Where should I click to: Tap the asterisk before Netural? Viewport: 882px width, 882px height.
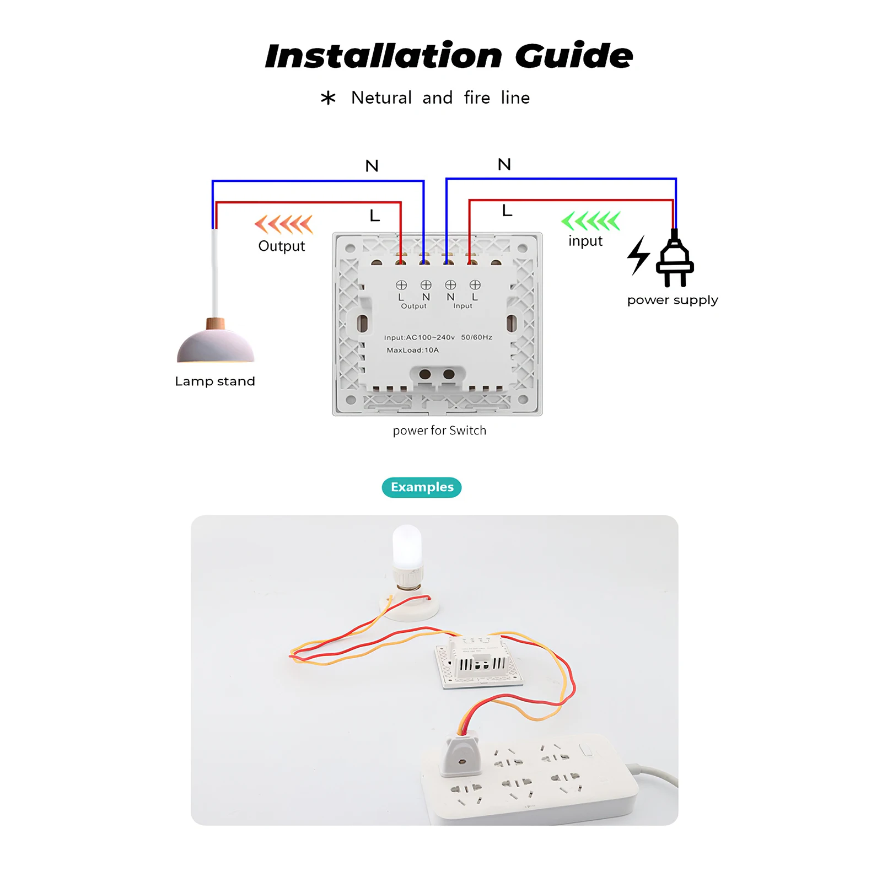click(328, 98)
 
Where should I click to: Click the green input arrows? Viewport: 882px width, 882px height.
click(590, 221)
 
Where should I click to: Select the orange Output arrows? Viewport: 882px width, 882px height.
click(283, 224)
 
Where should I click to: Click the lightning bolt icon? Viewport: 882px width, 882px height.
click(638, 255)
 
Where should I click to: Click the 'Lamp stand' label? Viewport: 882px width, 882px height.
click(215, 381)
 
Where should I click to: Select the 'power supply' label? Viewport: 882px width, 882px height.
click(673, 300)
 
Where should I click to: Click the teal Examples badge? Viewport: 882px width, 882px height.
click(422, 487)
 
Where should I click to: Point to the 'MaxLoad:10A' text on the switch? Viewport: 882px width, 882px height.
click(412, 350)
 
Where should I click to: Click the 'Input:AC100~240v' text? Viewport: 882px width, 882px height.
click(419, 337)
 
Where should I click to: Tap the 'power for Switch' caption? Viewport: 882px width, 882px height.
click(439, 431)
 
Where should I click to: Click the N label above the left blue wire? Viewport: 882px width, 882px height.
click(372, 166)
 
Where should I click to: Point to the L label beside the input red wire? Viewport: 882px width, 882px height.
click(507, 211)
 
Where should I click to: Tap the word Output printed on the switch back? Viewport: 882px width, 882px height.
click(413, 306)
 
